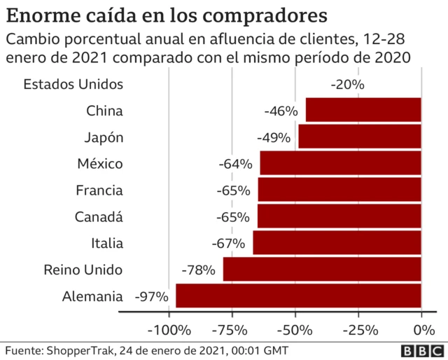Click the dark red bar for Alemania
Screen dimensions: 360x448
click(x=298, y=296)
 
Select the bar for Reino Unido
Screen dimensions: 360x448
click(x=322, y=270)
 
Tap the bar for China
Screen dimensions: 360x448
click(x=363, y=111)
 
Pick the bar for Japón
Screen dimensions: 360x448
click(x=360, y=137)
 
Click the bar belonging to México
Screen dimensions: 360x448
click(x=340, y=164)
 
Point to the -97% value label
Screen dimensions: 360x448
click(x=151, y=296)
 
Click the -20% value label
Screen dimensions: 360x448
click(x=347, y=85)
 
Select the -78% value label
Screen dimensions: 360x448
click(x=198, y=270)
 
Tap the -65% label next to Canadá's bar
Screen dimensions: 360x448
click(x=233, y=217)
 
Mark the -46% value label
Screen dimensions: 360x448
click(x=281, y=111)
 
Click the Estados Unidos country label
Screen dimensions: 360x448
click(x=73, y=85)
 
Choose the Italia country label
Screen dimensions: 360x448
click(x=107, y=244)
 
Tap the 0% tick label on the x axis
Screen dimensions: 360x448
click(x=421, y=330)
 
